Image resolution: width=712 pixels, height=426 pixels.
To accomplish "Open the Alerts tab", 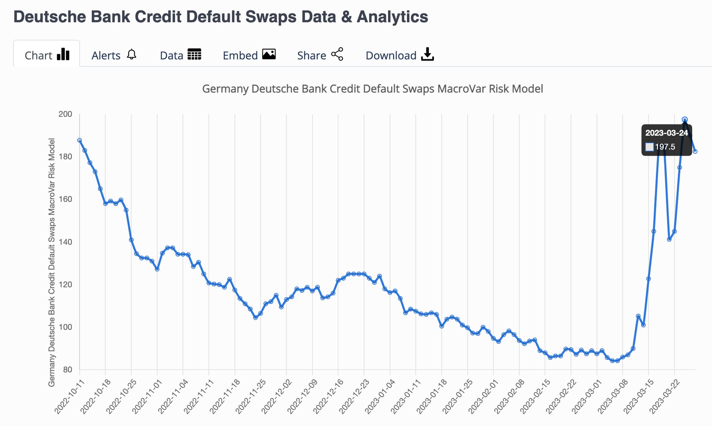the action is [x=114, y=55].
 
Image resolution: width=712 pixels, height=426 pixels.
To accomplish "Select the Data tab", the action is [x=180, y=55].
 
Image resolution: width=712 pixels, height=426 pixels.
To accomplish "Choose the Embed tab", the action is [x=249, y=55].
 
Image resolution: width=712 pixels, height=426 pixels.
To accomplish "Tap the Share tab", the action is [x=320, y=55].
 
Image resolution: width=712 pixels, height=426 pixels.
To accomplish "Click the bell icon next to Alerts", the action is [x=132, y=54].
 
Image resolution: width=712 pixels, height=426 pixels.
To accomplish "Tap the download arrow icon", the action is [x=427, y=54].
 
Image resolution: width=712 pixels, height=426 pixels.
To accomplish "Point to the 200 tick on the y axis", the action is [x=65, y=114].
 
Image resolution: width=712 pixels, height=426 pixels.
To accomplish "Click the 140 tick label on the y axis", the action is [x=65, y=242].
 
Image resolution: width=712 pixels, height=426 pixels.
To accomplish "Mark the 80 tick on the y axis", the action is [x=68, y=370].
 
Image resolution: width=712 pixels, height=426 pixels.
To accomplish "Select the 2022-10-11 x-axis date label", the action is [x=69, y=397].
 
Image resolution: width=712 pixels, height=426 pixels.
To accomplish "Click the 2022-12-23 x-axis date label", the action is [x=354, y=397].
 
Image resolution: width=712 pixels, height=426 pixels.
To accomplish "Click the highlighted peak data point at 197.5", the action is [x=685, y=120].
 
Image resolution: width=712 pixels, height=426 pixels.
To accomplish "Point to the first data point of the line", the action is [x=79, y=140].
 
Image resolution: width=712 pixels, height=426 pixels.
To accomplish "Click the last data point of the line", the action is [x=695, y=151].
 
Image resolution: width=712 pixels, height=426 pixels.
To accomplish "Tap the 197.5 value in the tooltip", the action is [x=665, y=147].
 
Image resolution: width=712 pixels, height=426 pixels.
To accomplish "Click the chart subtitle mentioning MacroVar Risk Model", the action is [x=373, y=89].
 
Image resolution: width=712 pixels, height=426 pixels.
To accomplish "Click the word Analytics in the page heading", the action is [x=392, y=17].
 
